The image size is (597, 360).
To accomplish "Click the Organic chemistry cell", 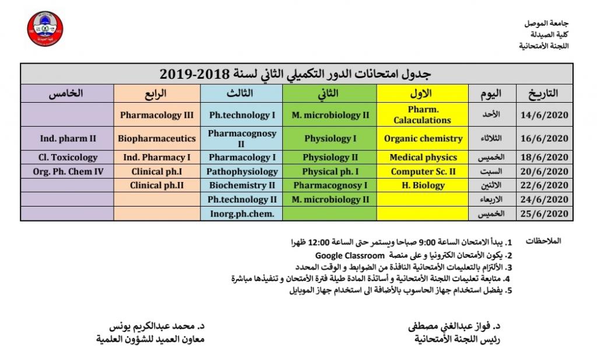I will pyautogui.click(x=423, y=139).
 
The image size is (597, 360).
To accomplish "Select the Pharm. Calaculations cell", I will pyautogui.click(x=423, y=115).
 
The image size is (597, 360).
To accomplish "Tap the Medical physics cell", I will pyautogui.click(x=423, y=158).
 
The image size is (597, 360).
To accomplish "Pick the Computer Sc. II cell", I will pyautogui.click(x=423, y=172).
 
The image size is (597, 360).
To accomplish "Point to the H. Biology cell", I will pyautogui.click(x=423, y=186).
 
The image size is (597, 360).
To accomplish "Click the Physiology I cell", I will pyautogui.click(x=330, y=139).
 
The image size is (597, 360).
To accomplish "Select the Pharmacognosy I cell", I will pyautogui.click(x=330, y=186).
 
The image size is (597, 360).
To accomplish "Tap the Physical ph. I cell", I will pyautogui.click(x=330, y=172).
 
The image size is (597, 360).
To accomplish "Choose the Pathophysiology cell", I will pyautogui.click(x=242, y=172).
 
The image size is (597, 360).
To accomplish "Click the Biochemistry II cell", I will pyautogui.click(x=242, y=186).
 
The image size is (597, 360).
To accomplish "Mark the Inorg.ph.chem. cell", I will pyautogui.click(x=242, y=214).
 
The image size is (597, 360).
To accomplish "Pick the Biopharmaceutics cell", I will pyautogui.click(x=156, y=139).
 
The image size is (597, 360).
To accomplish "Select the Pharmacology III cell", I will pyautogui.click(x=156, y=115).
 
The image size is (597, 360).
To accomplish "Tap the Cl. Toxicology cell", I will pyautogui.click(x=68, y=158).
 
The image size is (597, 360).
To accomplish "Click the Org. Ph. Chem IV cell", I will pyautogui.click(x=68, y=172).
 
